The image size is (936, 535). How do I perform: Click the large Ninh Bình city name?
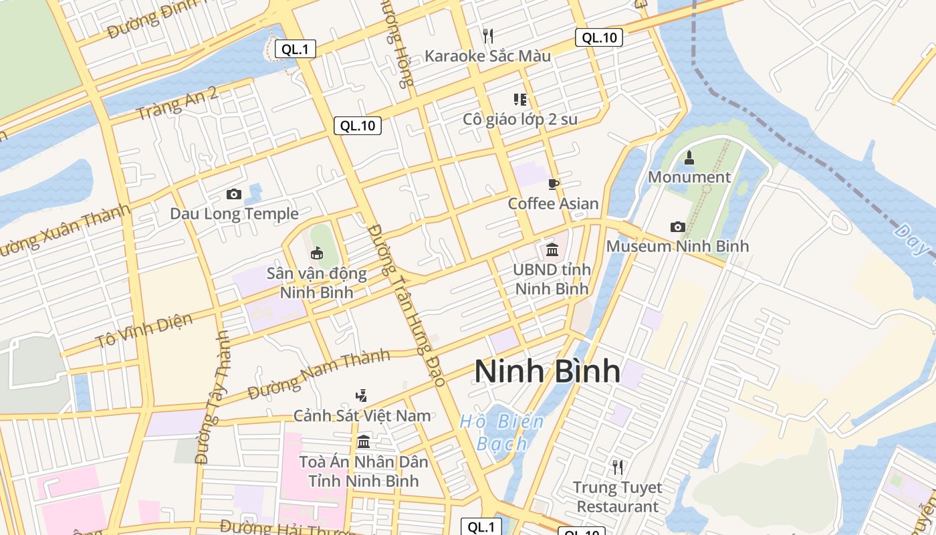(x=548, y=371)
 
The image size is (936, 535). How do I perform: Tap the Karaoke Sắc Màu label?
(x=488, y=56)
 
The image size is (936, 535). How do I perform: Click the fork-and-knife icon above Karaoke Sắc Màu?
(x=488, y=35)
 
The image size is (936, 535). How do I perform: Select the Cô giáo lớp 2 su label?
(x=520, y=120)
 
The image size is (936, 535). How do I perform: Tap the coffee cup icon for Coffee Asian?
(x=553, y=184)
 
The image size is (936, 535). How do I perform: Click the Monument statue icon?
(x=689, y=158)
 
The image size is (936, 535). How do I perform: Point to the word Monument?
(x=689, y=177)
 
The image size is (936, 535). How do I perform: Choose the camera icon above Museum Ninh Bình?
(x=677, y=227)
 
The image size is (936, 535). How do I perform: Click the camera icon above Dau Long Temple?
(x=234, y=194)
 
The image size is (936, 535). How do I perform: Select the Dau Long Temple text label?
(x=234, y=214)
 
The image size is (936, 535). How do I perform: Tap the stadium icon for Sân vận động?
(x=317, y=253)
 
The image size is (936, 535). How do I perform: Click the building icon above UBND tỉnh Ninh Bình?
(x=552, y=250)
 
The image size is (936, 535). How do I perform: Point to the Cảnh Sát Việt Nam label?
(x=362, y=415)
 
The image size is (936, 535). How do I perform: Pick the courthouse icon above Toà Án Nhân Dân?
(x=364, y=441)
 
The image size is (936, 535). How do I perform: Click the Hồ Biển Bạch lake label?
(x=502, y=432)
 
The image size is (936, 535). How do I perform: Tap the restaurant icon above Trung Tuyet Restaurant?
(x=618, y=467)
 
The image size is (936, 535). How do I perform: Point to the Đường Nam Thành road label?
(x=318, y=374)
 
